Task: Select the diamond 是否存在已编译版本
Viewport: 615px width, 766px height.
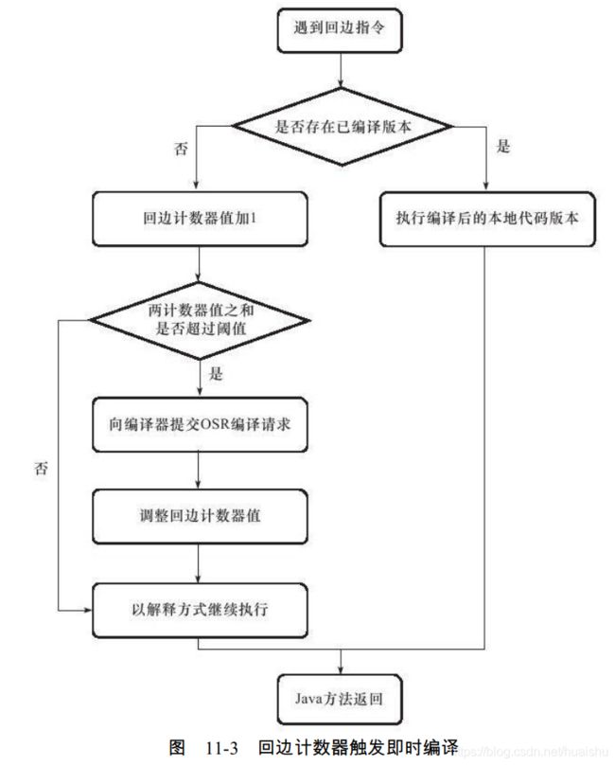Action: click(x=342, y=127)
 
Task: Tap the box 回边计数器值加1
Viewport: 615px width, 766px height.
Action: click(x=200, y=219)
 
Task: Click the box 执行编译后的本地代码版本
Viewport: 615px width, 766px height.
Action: click(x=487, y=219)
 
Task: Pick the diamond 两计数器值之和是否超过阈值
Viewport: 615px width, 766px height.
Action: click(x=199, y=320)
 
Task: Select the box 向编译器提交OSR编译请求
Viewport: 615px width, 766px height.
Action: click(x=200, y=424)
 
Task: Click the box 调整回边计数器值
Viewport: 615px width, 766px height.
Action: click(x=200, y=516)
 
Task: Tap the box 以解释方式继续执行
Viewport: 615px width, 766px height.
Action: click(x=200, y=610)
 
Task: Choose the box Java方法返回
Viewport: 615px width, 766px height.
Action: click(x=340, y=699)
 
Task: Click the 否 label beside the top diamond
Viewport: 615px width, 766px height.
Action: click(x=181, y=148)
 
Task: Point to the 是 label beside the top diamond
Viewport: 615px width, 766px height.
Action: click(x=503, y=146)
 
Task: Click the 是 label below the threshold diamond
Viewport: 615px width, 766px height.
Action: click(x=216, y=374)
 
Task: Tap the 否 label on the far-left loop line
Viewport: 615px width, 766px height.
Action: click(x=41, y=469)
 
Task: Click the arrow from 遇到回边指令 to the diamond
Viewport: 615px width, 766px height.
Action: click(x=341, y=70)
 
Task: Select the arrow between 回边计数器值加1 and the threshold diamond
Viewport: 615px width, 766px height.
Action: click(x=199, y=264)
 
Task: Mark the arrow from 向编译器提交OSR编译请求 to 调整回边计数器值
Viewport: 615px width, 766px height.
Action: click(x=198, y=470)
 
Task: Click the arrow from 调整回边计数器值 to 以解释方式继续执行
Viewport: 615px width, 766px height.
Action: click(x=198, y=563)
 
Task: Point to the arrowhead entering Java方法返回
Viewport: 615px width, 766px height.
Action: click(x=341, y=669)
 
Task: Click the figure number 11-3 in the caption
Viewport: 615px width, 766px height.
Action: click(x=222, y=748)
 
